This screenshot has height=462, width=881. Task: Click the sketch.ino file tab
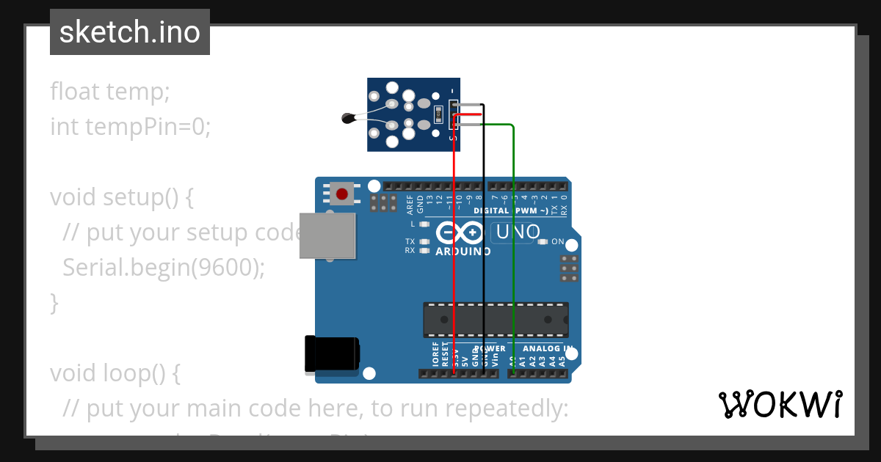coord(129,32)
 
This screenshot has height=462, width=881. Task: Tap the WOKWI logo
coord(780,404)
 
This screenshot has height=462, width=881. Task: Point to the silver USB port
coord(327,236)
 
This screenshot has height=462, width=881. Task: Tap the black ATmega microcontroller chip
coord(495,320)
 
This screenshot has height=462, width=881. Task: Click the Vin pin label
coord(494,359)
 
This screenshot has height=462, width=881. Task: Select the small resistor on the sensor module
coord(438,114)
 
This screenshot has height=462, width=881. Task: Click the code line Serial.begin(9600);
coord(163,268)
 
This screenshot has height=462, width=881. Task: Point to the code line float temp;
coord(110,92)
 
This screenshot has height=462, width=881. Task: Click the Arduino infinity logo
coord(460,233)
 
